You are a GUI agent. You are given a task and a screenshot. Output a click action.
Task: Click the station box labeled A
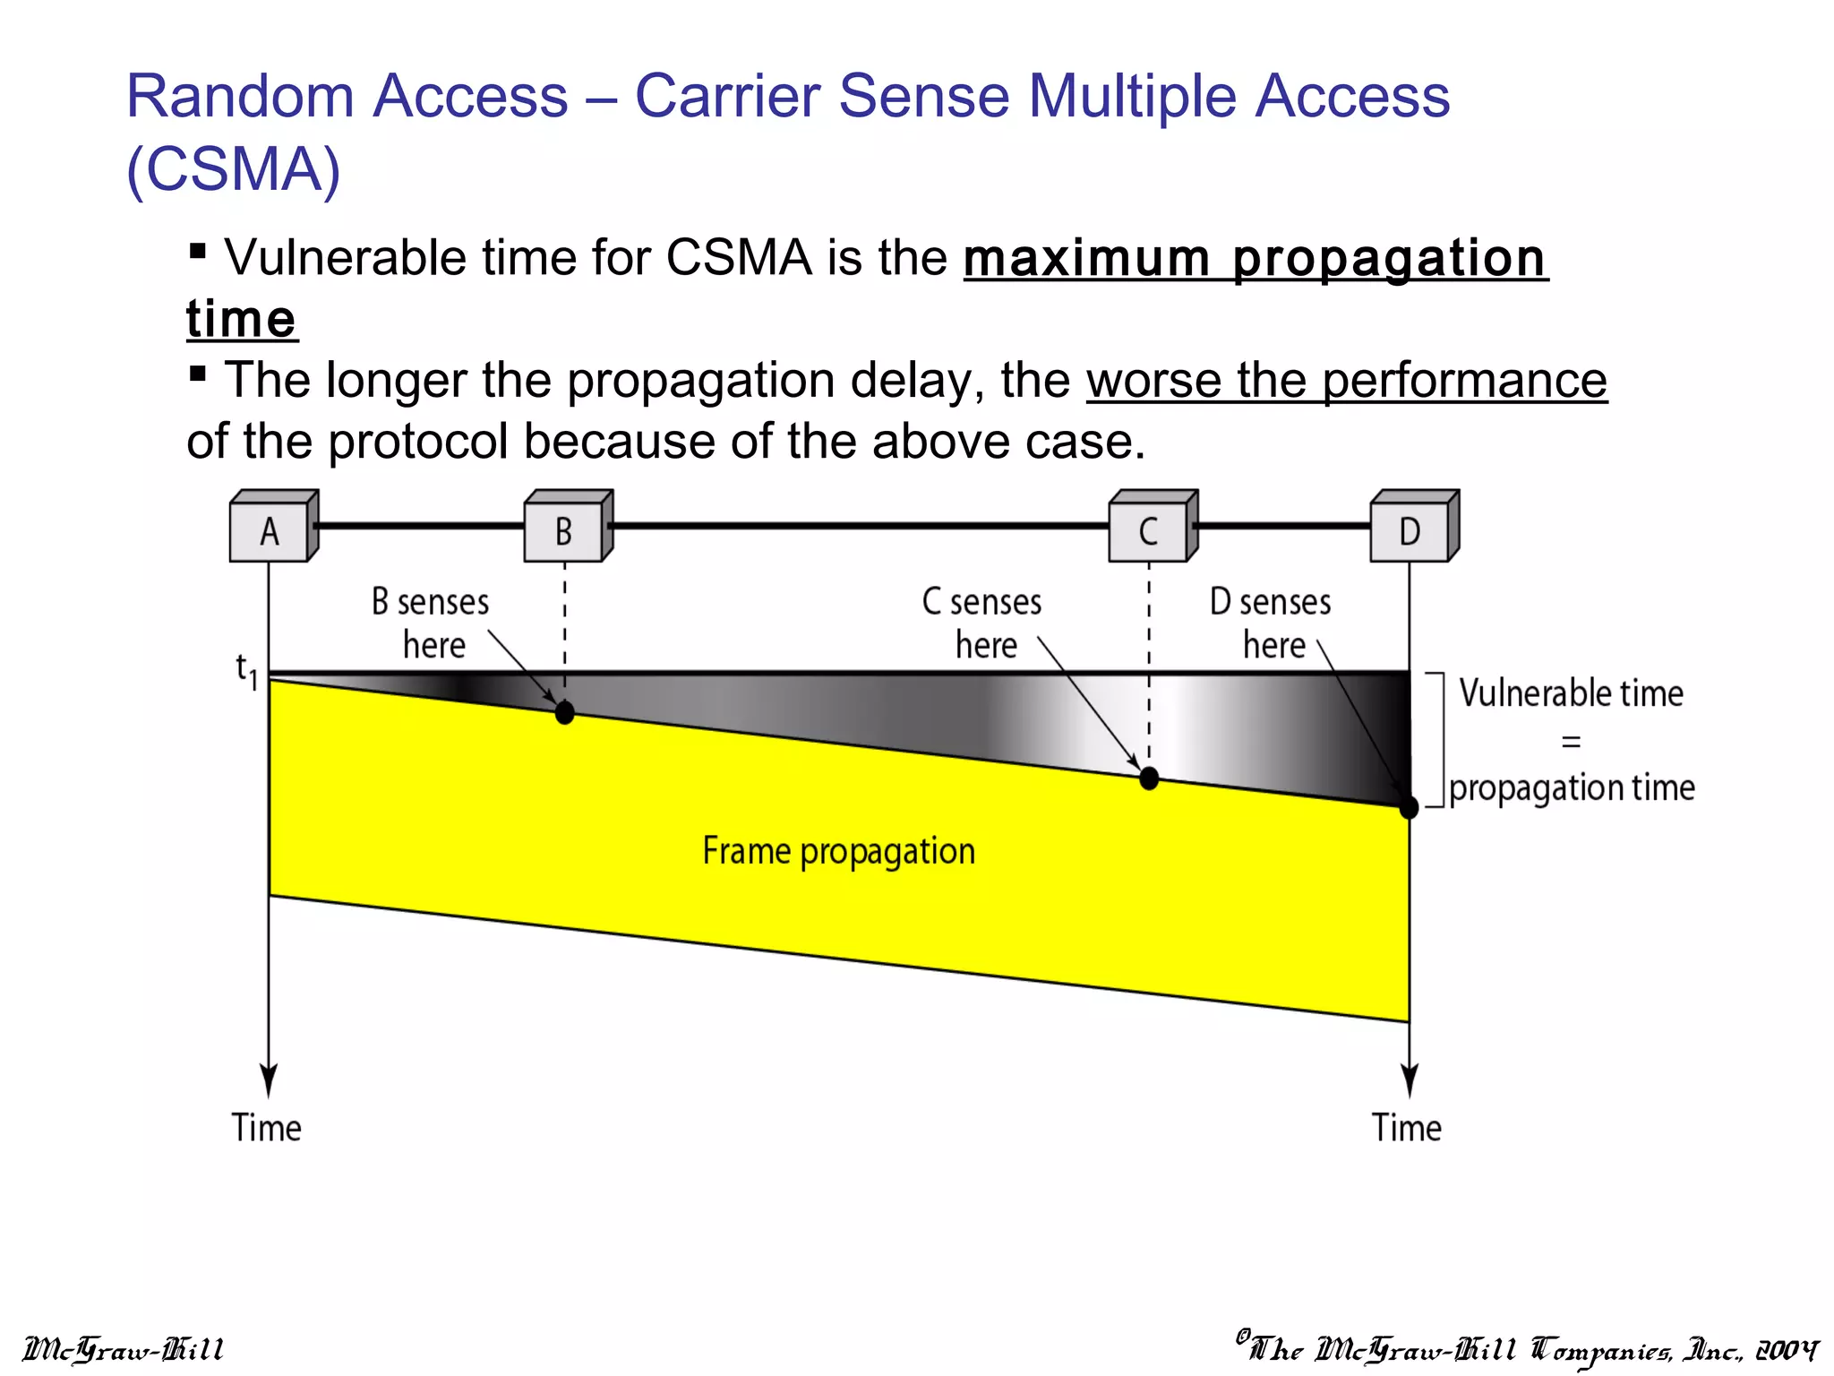point(270,532)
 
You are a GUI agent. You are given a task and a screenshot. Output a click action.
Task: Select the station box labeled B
point(563,532)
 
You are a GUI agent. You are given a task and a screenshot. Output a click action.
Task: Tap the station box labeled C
point(1148,532)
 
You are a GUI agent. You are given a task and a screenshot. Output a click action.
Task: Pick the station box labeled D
point(1410,532)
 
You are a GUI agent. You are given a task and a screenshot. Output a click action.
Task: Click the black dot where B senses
point(564,713)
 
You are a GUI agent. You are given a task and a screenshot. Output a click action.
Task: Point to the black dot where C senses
point(1149,778)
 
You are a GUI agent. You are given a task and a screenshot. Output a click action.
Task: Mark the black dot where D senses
point(1409,808)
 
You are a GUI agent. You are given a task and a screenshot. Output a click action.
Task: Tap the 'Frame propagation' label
point(838,851)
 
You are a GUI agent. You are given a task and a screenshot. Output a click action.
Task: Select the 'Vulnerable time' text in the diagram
point(1571,693)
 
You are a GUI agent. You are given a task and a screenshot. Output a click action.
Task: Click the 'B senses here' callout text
point(432,623)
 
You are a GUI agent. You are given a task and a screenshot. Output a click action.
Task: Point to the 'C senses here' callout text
point(982,623)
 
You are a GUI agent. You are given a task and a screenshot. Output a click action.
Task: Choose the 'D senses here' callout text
point(1271,623)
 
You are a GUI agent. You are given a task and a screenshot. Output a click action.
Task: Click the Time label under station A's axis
point(267,1128)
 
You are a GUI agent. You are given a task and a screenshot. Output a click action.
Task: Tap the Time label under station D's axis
point(1407,1128)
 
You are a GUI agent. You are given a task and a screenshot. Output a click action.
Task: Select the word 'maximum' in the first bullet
point(1086,259)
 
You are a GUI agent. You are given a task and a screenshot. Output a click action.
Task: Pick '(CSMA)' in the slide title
point(234,169)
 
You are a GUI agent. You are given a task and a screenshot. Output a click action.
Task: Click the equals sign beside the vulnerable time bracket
point(1571,742)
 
